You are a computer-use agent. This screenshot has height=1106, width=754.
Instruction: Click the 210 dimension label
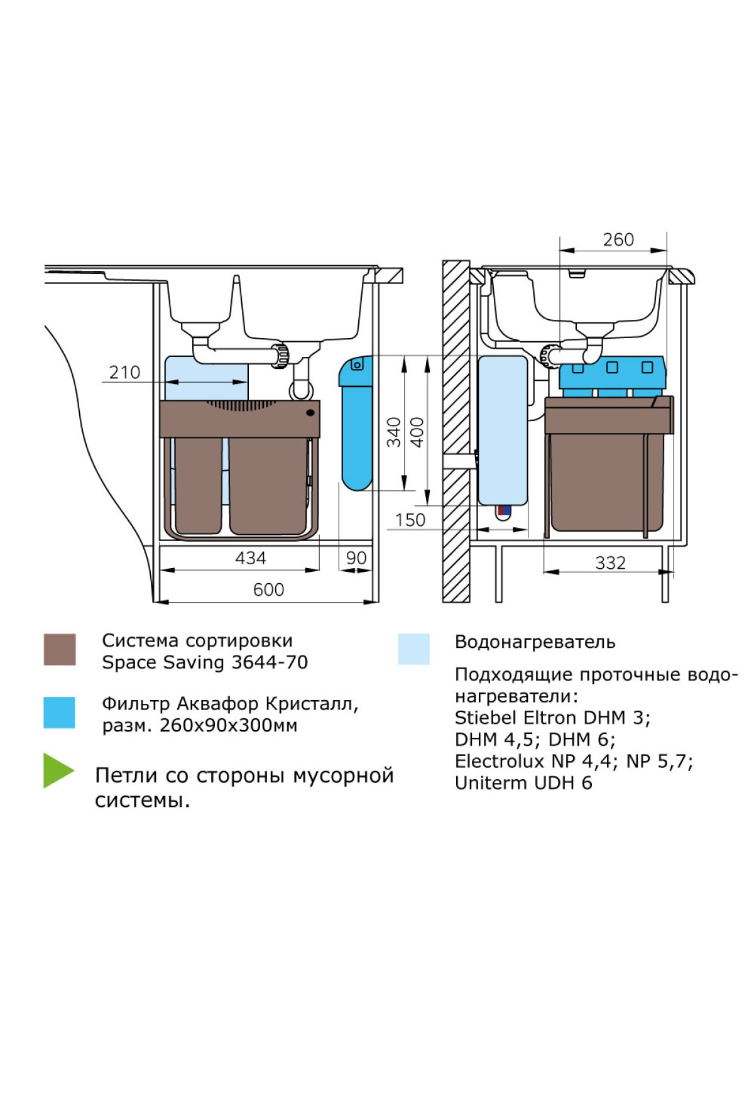click(124, 373)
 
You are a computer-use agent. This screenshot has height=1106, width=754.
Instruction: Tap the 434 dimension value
click(250, 558)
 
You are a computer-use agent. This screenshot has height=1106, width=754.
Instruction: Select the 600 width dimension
click(268, 590)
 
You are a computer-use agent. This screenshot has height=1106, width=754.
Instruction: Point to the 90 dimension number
click(356, 558)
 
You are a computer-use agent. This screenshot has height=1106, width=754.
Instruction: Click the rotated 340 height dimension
click(394, 432)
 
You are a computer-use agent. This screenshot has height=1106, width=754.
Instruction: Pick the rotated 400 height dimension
click(417, 432)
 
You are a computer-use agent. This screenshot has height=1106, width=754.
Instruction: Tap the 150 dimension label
click(410, 520)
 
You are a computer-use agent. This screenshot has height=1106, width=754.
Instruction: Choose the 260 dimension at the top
click(618, 240)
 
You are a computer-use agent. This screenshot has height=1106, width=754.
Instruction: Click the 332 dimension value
click(610, 563)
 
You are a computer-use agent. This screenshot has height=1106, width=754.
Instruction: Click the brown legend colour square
click(60, 649)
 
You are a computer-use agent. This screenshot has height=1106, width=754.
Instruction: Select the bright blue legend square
click(59, 713)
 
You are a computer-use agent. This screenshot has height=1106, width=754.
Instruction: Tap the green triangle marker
click(57, 770)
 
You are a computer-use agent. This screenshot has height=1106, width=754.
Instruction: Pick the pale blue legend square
click(413, 649)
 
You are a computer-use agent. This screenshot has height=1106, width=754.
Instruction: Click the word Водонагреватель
click(535, 642)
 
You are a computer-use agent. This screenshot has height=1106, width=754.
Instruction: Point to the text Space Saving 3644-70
click(205, 662)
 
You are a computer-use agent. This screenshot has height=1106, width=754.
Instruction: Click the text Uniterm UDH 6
click(523, 783)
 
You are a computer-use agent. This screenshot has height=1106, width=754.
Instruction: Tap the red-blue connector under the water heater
click(503, 512)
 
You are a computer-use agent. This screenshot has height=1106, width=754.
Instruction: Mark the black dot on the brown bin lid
click(310, 413)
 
